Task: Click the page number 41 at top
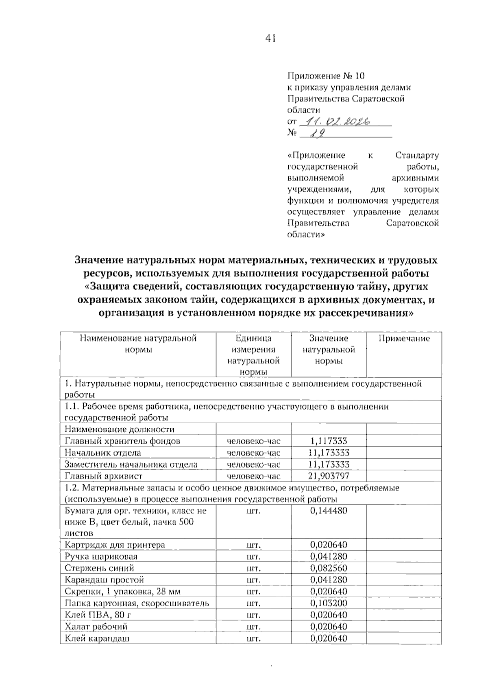pos(270,38)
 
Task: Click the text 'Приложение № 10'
pos(326,76)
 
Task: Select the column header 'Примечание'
pos(404,338)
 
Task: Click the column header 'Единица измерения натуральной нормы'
pos(253,355)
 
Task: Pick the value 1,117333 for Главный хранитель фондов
pos(328,441)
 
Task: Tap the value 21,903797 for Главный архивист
pos(329,476)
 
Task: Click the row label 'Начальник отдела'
pos(103,453)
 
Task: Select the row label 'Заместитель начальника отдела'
pos(131,464)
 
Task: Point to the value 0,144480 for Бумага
pos(329,510)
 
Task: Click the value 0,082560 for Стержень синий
pos(329,568)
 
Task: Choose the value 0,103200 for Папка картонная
pos(329,603)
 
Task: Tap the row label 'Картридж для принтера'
pos(115,544)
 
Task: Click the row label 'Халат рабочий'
pos(96,626)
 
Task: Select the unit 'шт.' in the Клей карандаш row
pos(253,638)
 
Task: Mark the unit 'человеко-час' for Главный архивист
pos(253,476)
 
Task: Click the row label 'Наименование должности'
pos(120,429)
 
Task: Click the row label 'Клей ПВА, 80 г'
pos(98,615)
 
